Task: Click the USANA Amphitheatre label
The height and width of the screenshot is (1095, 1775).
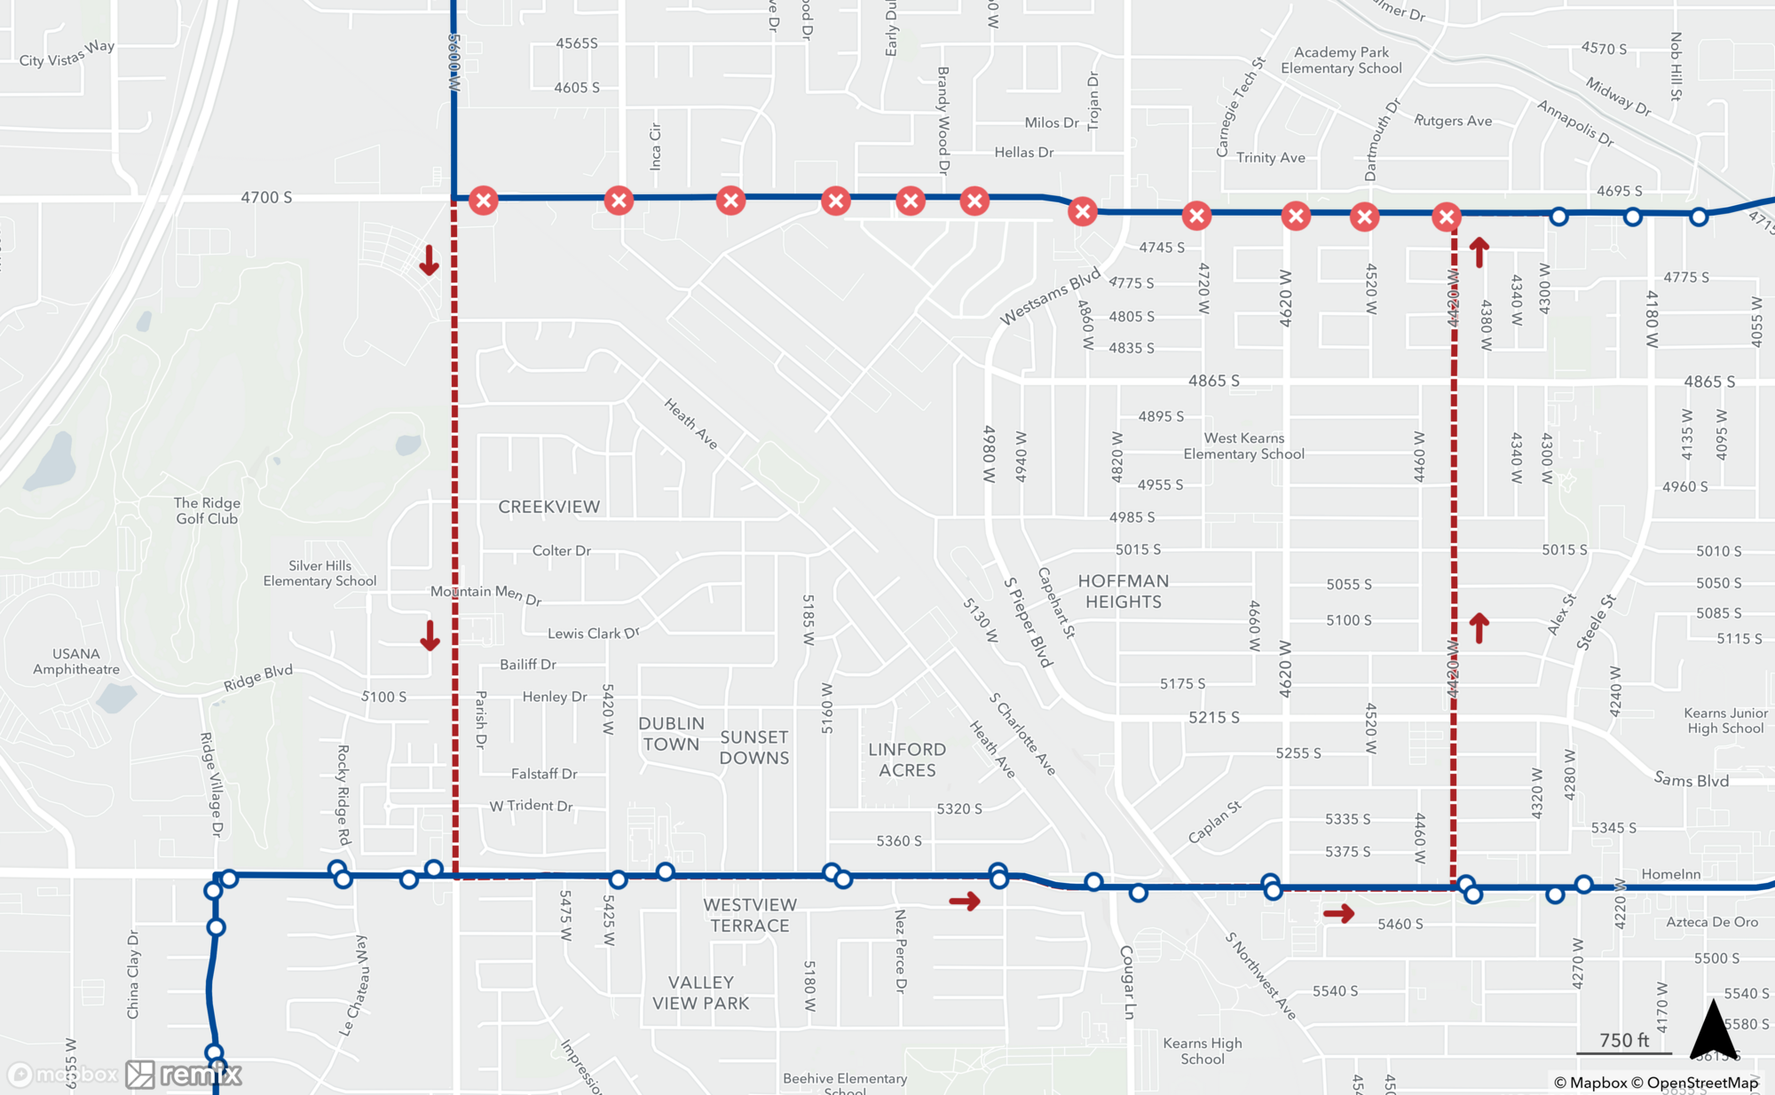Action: pos(76,661)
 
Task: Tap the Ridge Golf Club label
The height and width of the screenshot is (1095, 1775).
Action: pos(208,510)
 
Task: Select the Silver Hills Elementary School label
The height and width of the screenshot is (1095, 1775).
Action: pos(319,573)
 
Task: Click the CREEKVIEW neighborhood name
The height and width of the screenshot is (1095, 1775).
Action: pos(549,507)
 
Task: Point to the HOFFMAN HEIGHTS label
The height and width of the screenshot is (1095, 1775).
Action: pos(1124,591)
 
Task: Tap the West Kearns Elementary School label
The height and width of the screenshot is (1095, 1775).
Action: pos(1243,445)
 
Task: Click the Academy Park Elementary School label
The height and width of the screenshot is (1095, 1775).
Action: pos(1341,60)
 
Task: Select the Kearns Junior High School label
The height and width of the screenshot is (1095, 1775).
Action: pos(1725,721)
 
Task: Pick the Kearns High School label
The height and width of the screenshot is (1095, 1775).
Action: pos(1203,1051)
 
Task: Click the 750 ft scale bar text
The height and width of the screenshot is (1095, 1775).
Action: pos(1624,1040)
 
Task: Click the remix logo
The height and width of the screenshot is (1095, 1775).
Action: pos(184,1075)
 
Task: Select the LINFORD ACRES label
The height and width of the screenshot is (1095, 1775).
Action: pos(907,760)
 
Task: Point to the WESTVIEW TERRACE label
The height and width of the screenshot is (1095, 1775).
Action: pos(750,915)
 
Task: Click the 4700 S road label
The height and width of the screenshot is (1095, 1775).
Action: pos(266,197)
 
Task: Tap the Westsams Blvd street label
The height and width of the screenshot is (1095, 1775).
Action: pos(1050,295)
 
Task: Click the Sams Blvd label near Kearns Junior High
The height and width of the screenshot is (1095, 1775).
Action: pos(1691,780)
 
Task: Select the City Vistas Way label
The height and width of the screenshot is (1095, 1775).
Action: pos(67,54)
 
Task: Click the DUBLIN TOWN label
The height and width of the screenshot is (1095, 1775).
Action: pos(672,734)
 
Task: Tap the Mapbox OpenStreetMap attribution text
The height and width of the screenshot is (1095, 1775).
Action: pos(1656,1083)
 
